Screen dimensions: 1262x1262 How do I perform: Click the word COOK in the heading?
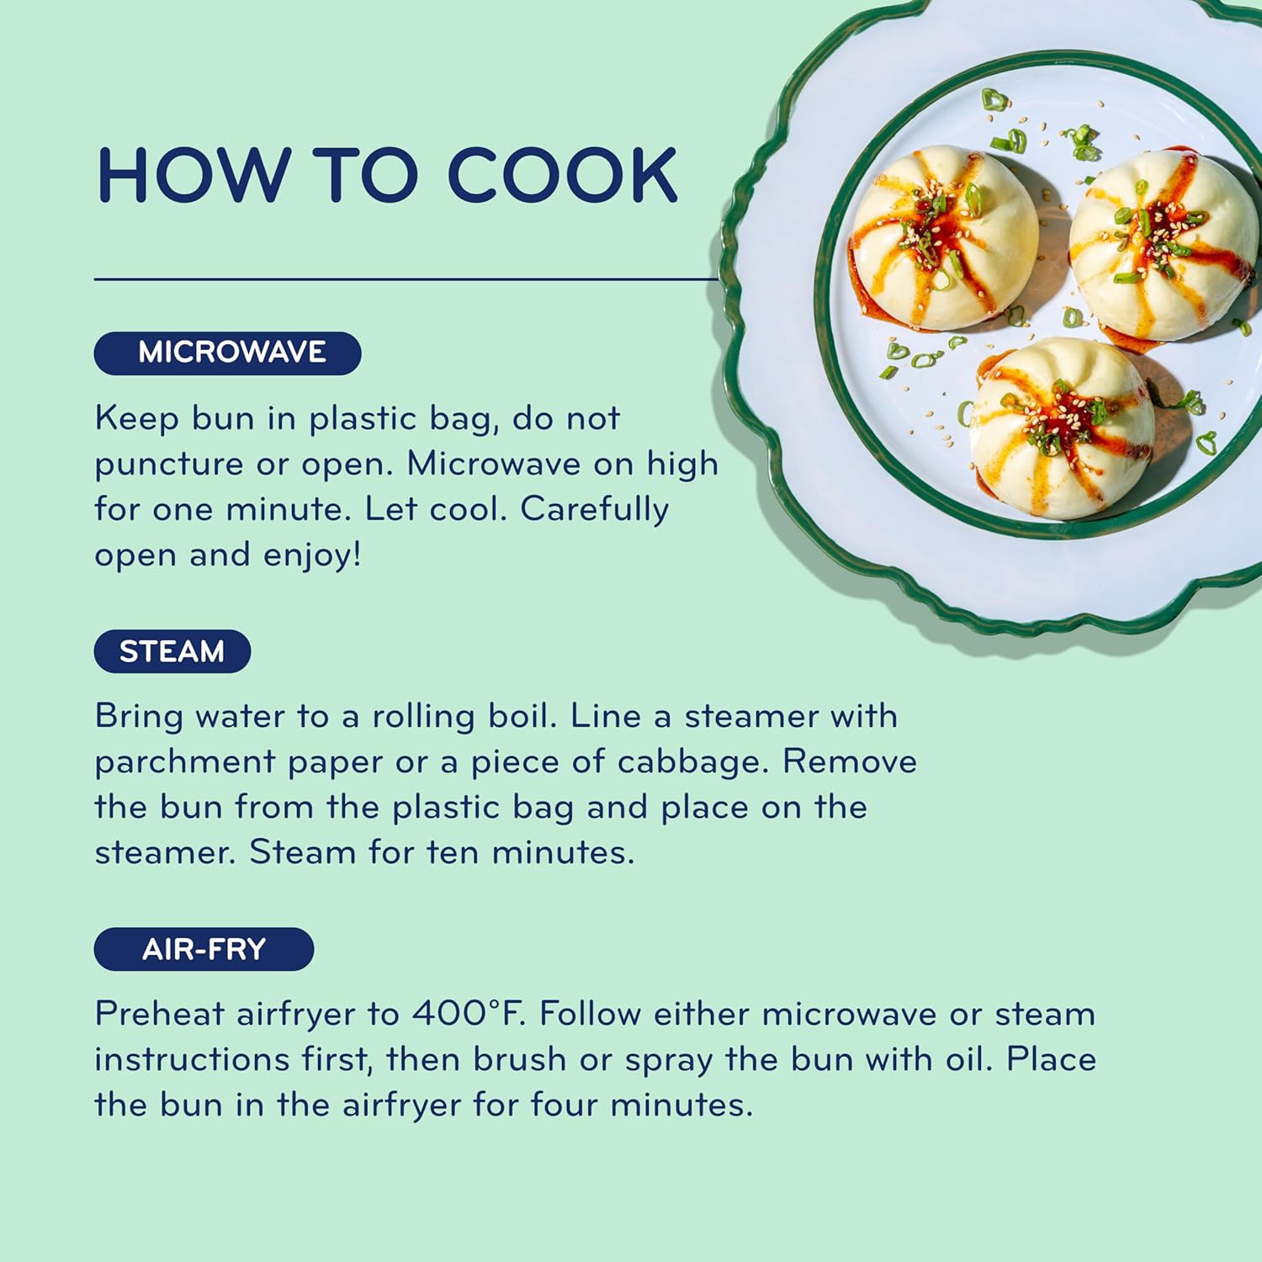(x=562, y=175)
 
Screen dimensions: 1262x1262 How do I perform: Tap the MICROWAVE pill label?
(x=228, y=353)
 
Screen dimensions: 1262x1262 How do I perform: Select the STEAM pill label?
(x=172, y=651)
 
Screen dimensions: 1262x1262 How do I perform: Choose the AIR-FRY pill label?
(x=204, y=949)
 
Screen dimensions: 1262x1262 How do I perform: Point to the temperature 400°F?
(x=468, y=1013)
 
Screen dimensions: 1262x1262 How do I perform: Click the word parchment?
(x=184, y=762)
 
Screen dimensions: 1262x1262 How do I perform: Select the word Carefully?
(x=594, y=509)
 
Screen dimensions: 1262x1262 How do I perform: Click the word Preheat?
(x=159, y=1013)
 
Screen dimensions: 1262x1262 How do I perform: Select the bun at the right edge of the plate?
(x=1164, y=244)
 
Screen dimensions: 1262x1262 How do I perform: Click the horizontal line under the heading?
(x=406, y=278)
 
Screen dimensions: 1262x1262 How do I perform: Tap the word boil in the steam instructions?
(x=522, y=716)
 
